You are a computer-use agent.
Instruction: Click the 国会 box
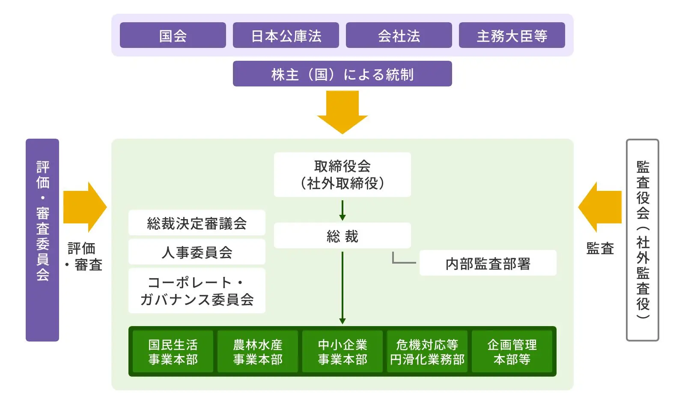[173, 35]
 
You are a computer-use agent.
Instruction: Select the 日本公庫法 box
[286, 35]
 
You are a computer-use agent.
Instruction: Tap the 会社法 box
[399, 35]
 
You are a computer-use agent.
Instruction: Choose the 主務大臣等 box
[512, 35]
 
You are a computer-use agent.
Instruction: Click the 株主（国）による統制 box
[342, 74]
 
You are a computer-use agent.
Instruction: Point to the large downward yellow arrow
[342, 111]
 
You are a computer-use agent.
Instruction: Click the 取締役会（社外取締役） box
[342, 175]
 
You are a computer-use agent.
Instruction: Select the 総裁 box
[342, 235]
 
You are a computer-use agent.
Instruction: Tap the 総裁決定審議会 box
[197, 223]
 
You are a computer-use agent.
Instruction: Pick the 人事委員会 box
[197, 252]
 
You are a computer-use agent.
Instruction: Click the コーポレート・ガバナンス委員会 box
[197, 291]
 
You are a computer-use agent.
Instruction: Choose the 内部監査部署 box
[488, 263]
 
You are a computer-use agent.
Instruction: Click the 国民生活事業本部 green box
[173, 351]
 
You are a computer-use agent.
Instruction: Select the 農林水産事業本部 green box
[258, 351]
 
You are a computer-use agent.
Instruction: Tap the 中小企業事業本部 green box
[342, 351]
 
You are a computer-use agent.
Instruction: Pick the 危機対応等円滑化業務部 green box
[427, 351]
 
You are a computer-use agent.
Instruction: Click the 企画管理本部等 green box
[512, 351]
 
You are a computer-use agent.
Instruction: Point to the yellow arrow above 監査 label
[600, 207]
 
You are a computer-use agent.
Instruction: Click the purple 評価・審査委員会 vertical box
[42, 240]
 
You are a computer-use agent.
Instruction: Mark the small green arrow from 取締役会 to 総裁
[342, 210]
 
